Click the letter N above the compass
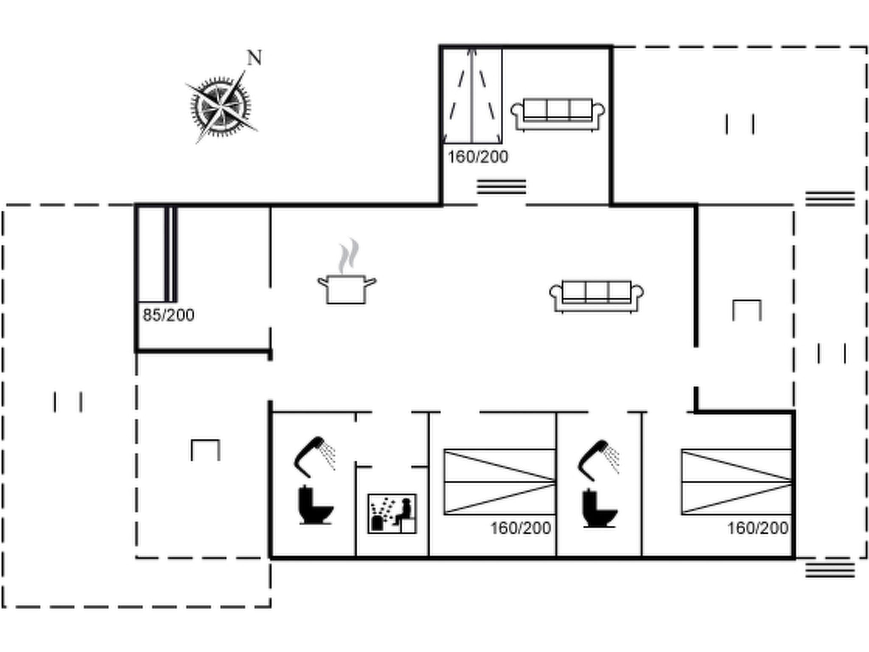pos(254,58)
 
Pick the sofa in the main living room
pos(597,296)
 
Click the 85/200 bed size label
pos(168,315)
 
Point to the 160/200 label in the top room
pos(478,157)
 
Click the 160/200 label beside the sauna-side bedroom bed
pos(521,528)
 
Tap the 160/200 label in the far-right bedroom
pos(758,528)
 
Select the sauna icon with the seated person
pos(392,514)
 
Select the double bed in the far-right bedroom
pos(737,482)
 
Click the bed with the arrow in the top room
pos(472,96)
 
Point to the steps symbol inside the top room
pos(501,187)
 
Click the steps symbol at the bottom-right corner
pos(830,570)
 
